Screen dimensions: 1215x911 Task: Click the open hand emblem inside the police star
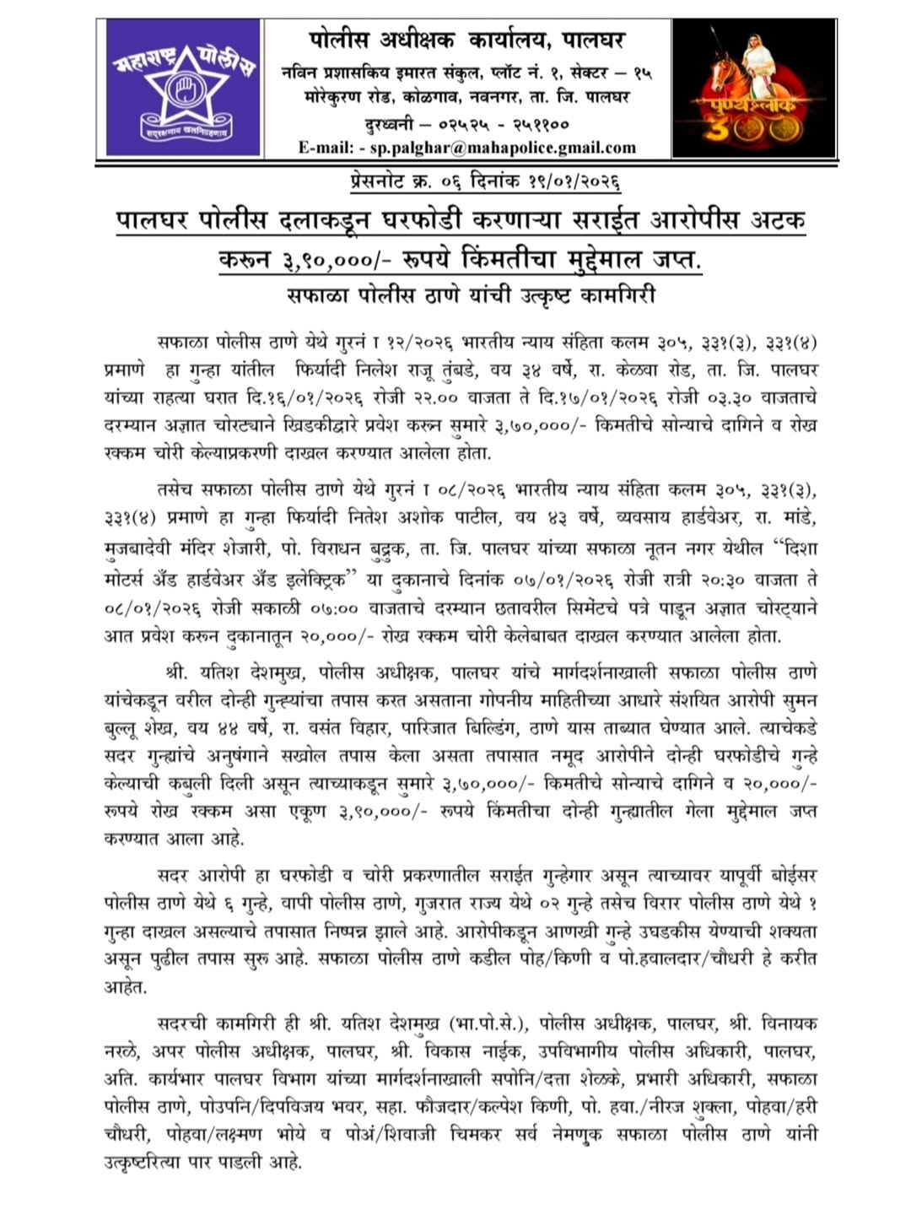183,88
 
